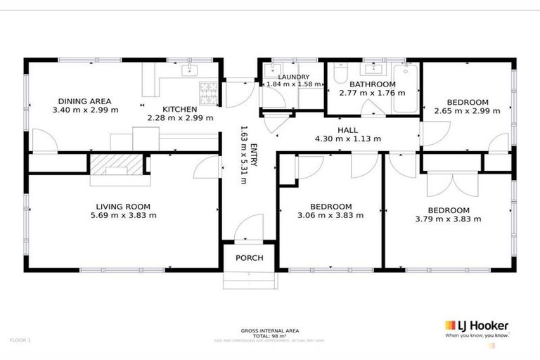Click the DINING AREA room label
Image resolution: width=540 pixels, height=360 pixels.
tap(84, 101)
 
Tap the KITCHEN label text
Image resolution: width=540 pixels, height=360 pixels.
tap(179, 109)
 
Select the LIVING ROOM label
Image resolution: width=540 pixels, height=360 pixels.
tap(123, 207)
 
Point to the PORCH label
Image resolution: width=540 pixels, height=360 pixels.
tap(250, 258)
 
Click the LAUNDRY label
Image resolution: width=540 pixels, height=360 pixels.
tap(293, 77)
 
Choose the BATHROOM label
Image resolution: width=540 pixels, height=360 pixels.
tap(367, 84)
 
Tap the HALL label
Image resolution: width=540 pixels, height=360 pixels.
tap(348, 130)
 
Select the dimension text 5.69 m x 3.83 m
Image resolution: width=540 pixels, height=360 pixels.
tap(123, 216)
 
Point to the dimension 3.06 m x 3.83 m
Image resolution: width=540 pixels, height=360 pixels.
tap(331, 216)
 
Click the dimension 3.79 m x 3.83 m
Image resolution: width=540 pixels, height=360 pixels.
tap(449, 219)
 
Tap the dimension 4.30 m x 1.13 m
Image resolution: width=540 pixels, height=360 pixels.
tap(348, 139)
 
